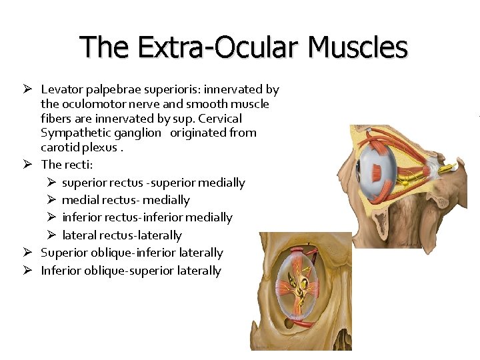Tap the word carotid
(x=60, y=147)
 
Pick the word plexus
(x=98, y=147)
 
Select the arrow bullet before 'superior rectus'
(x=50, y=182)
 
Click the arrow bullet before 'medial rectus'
(x=50, y=199)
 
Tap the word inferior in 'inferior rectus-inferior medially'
(x=80, y=217)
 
